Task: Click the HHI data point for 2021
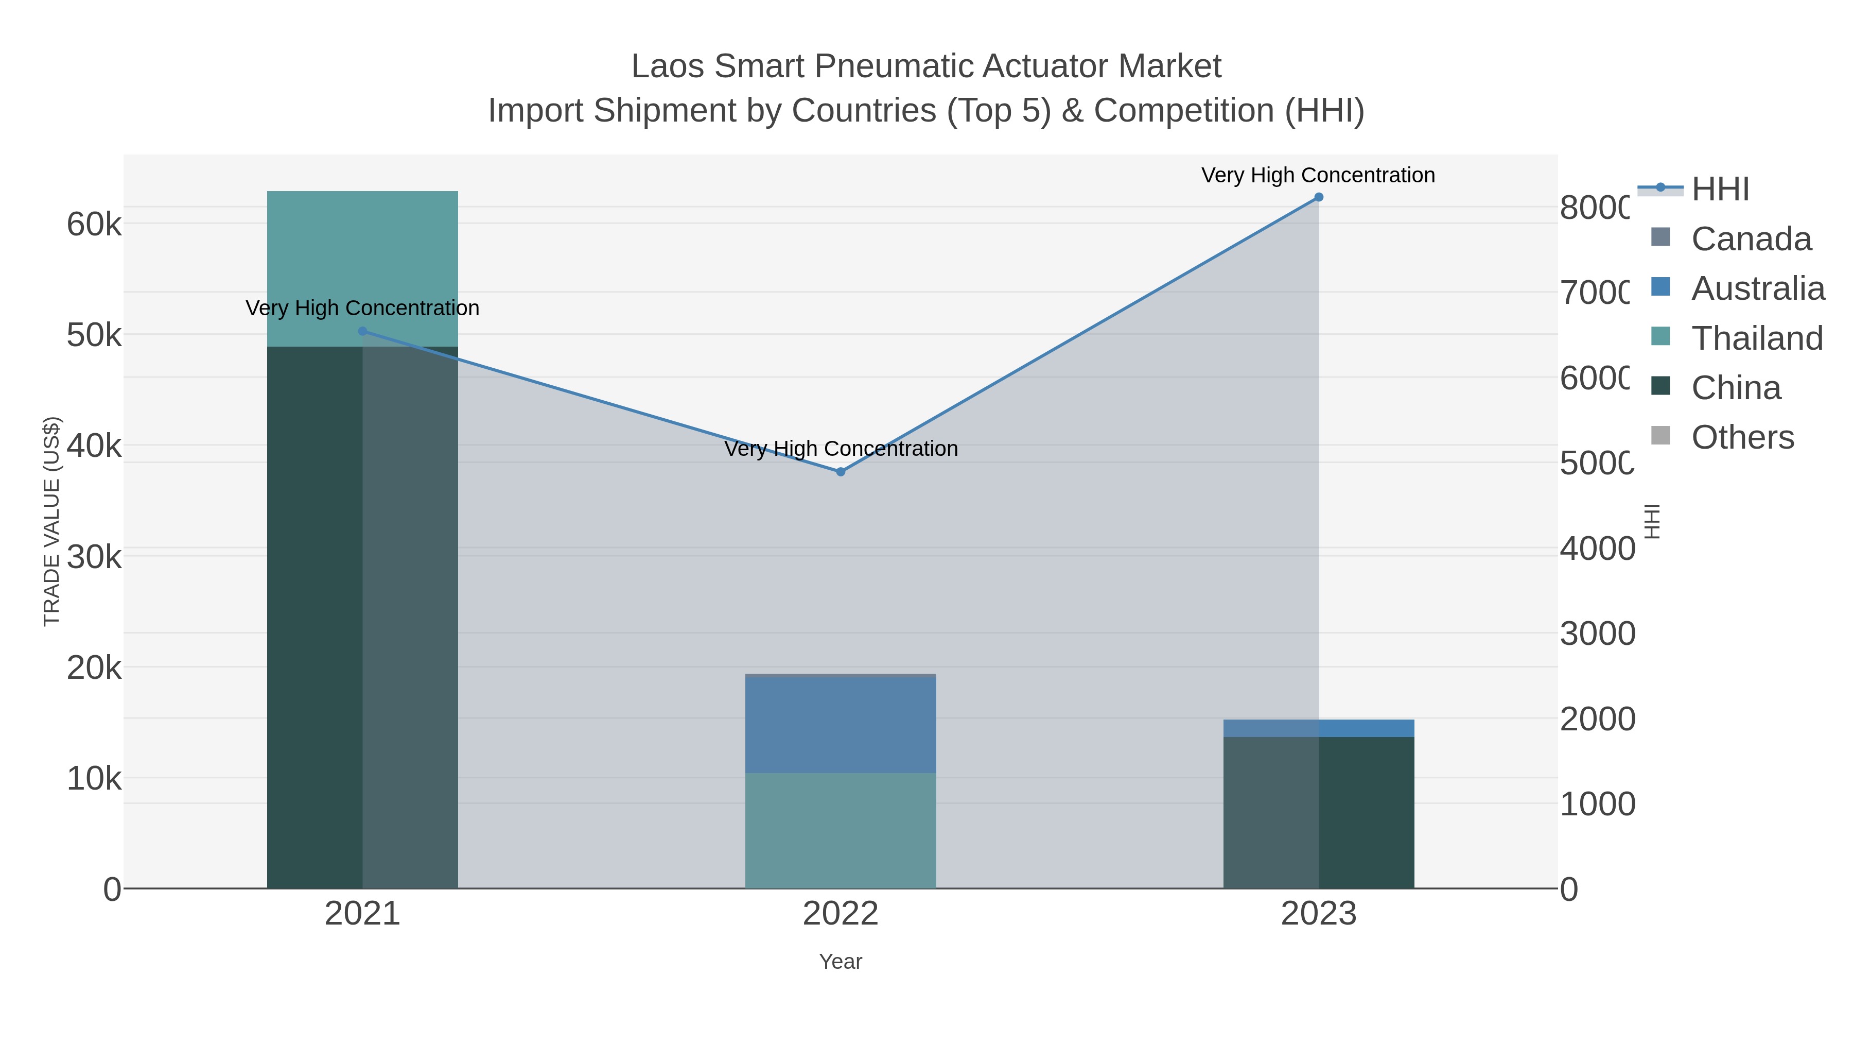pyautogui.click(x=362, y=331)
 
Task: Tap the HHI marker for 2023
pyautogui.click(x=1319, y=197)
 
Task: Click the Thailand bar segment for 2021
pyautogui.click(x=362, y=268)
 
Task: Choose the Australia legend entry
pyautogui.click(x=1757, y=288)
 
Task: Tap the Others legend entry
pyautogui.click(x=1742, y=437)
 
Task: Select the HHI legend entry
pyautogui.click(x=1720, y=190)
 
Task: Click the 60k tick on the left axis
pyautogui.click(x=94, y=225)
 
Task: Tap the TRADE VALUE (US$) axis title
pyautogui.click(x=52, y=521)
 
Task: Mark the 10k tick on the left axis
pyautogui.click(x=94, y=779)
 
